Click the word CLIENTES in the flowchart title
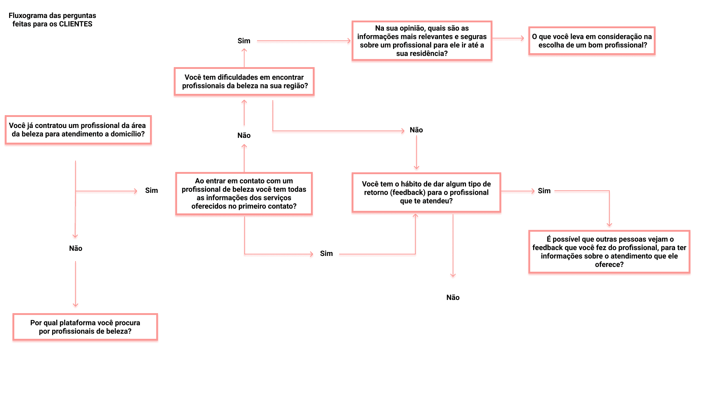76,24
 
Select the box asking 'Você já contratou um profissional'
78,130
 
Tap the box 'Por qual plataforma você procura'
85,327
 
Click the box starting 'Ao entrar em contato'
244,194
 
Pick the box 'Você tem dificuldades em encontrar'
244,81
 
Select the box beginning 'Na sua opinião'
422,41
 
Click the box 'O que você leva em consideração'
591,41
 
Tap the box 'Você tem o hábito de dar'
426,192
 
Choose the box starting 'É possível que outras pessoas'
609,252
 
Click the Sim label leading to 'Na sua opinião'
244,41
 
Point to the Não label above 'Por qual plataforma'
76,249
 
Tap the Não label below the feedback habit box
453,298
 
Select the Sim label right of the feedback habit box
544,191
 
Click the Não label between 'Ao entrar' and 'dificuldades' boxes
244,136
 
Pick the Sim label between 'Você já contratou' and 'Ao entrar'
151,191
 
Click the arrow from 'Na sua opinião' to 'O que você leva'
508,38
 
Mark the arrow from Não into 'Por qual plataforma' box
76,284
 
